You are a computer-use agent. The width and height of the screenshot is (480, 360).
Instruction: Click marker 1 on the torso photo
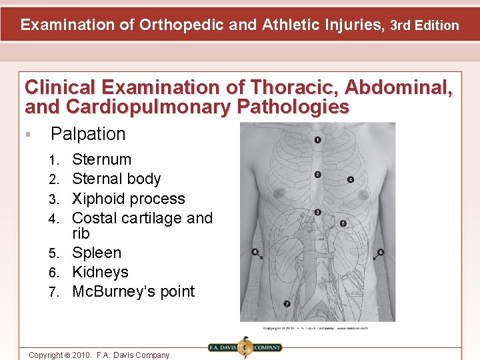(x=317, y=140)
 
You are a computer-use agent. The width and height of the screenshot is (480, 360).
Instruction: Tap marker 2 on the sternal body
(x=317, y=175)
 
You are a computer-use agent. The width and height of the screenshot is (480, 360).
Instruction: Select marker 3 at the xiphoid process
(x=317, y=212)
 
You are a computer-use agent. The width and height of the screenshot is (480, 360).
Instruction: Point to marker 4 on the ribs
(x=351, y=179)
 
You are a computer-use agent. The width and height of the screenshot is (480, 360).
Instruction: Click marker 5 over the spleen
(x=343, y=224)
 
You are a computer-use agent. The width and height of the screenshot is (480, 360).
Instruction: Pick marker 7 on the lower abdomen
(x=287, y=303)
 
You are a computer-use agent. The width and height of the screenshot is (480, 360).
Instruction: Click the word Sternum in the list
(x=101, y=159)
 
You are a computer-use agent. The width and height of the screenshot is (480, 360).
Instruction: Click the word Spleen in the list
(x=97, y=253)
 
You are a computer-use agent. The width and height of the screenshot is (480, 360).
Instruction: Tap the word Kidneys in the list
(x=100, y=272)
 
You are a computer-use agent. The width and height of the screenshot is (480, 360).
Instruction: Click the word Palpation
(x=88, y=134)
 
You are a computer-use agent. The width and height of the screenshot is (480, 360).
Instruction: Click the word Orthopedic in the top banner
(x=180, y=25)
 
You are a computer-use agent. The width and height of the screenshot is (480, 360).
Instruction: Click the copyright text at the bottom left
(x=99, y=355)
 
